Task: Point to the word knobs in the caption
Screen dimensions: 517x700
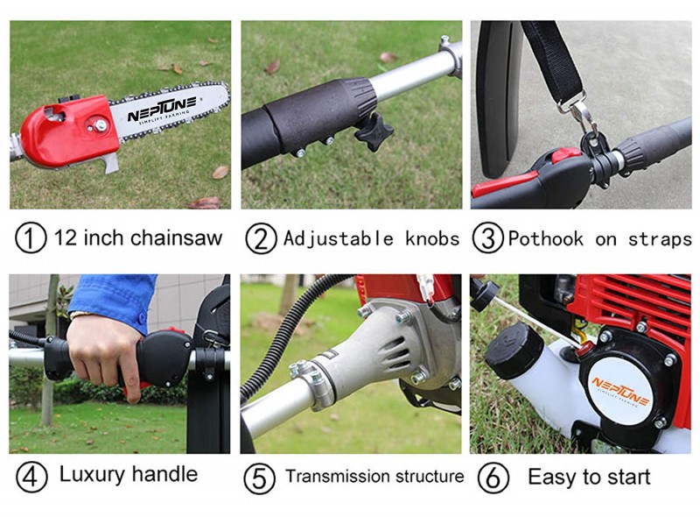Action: pyautogui.click(x=432, y=238)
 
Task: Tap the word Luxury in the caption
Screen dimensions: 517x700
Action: pyautogui.click(x=90, y=476)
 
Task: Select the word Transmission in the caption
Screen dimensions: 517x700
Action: pyautogui.click(x=336, y=477)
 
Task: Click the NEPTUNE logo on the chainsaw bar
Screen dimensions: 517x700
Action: pyautogui.click(x=163, y=113)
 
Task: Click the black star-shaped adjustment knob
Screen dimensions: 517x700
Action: pyautogui.click(x=373, y=133)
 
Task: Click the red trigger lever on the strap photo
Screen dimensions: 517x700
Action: pyautogui.click(x=516, y=184)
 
